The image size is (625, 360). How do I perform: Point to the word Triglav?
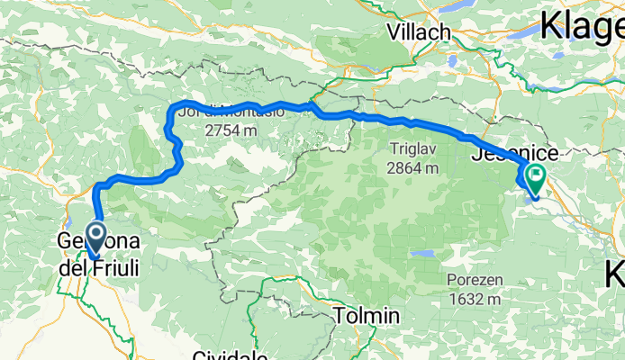point(414,148)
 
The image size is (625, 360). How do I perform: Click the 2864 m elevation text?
point(413,167)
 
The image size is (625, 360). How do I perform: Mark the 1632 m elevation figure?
point(474,299)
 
